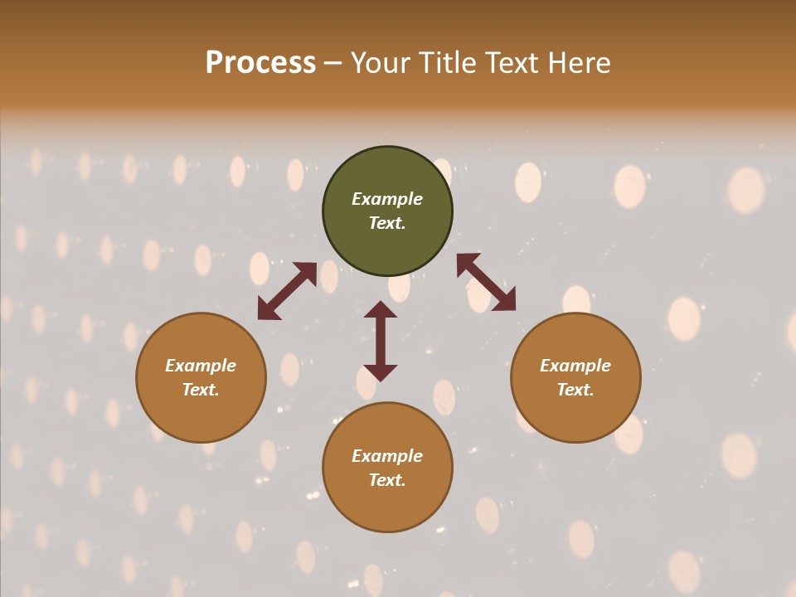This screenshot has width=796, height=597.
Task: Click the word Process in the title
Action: point(260,63)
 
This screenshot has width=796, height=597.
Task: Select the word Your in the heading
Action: point(381,63)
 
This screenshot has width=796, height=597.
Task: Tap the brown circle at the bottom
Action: point(387,502)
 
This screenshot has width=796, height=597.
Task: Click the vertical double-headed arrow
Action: point(381,341)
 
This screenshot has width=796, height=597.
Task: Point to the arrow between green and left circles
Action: point(287,291)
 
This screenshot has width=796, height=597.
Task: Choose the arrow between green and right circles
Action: point(486,282)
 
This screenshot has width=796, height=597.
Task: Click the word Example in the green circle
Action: point(387,199)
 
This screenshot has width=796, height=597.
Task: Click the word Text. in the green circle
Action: point(387,223)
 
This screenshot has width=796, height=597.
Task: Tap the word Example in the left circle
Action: point(201,366)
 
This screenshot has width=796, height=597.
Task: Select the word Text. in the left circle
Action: point(201,390)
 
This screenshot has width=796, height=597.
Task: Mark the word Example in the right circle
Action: point(575,366)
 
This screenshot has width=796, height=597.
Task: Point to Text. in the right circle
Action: point(575,390)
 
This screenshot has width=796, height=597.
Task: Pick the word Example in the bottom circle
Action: point(387,456)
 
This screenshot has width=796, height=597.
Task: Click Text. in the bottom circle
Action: point(387,480)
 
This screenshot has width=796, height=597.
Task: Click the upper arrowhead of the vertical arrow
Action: point(381,310)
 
